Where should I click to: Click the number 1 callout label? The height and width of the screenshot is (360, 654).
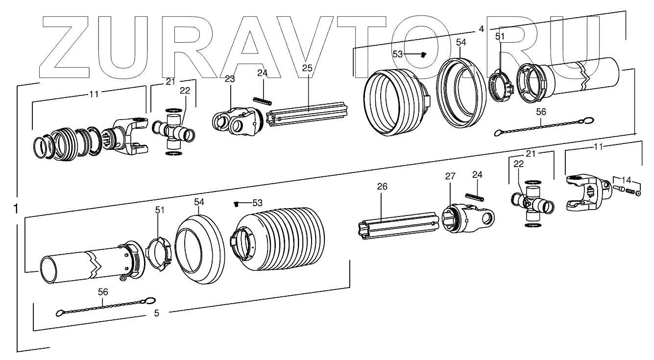click(16, 209)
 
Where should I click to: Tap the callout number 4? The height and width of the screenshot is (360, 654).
click(481, 29)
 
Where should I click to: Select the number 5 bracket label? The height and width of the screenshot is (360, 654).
click(156, 313)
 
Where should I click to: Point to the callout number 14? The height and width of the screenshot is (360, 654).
click(627, 180)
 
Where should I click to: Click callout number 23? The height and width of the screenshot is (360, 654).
click(230, 78)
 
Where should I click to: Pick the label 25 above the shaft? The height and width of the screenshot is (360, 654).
click(307, 68)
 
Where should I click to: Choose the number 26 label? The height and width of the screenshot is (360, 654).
click(382, 186)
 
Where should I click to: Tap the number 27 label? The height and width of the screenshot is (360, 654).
click(450, 176)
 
